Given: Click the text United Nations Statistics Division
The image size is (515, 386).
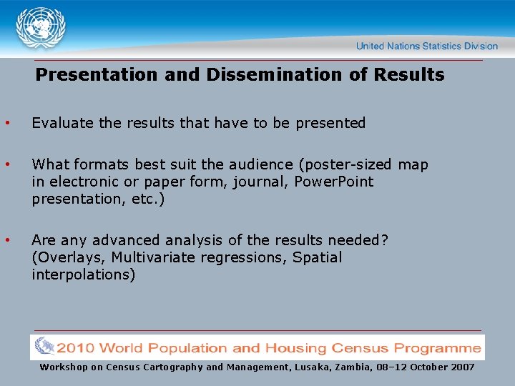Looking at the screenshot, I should [426, 46].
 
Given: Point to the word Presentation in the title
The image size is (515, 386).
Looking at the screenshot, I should [97, 75].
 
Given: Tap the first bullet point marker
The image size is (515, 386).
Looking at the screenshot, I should [7, 123].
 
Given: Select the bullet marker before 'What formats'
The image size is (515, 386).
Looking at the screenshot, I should [7, 165].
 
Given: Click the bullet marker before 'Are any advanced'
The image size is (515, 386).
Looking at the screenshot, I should [7, 241].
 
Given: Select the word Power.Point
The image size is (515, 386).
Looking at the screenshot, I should [334, 182].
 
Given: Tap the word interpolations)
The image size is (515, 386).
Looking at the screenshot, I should [83, 274].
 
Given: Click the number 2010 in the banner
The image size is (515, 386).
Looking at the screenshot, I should [77, 349].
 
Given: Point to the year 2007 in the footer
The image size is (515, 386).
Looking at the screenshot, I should [460, 367].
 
